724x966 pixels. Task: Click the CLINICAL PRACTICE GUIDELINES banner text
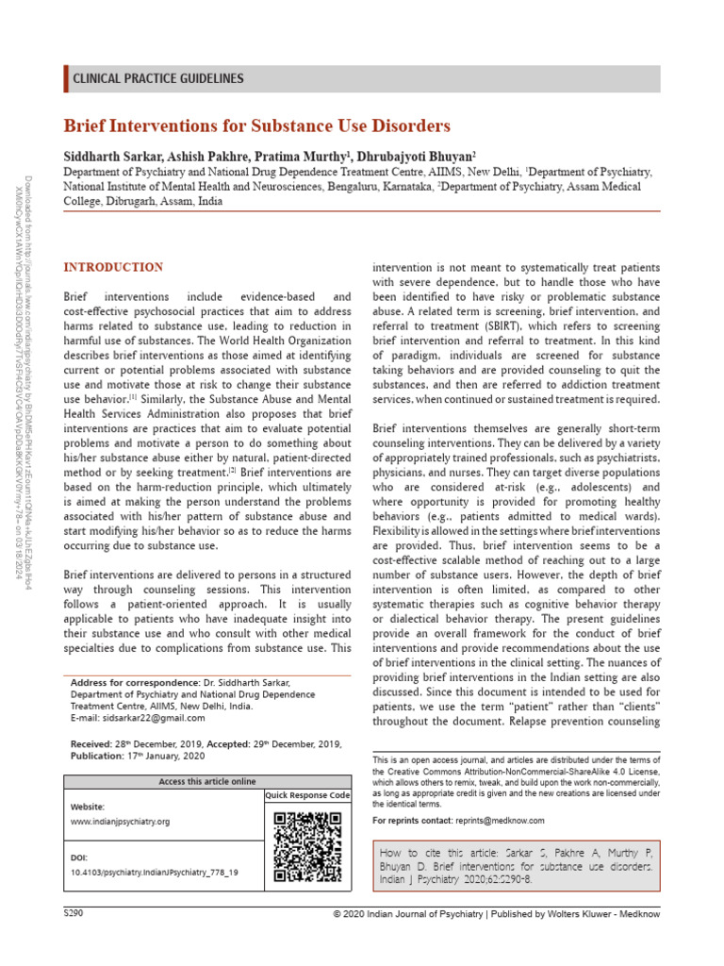tap(158, 79)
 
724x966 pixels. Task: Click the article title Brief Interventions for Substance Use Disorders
tap(256, 125)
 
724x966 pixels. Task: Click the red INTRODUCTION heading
tap(112, 268)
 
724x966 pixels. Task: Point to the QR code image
tap(306, 846)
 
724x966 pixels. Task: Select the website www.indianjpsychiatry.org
tap(121, 822)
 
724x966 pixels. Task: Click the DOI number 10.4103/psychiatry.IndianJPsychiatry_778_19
tap(155, 873)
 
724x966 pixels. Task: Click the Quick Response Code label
tap(307, 795)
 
